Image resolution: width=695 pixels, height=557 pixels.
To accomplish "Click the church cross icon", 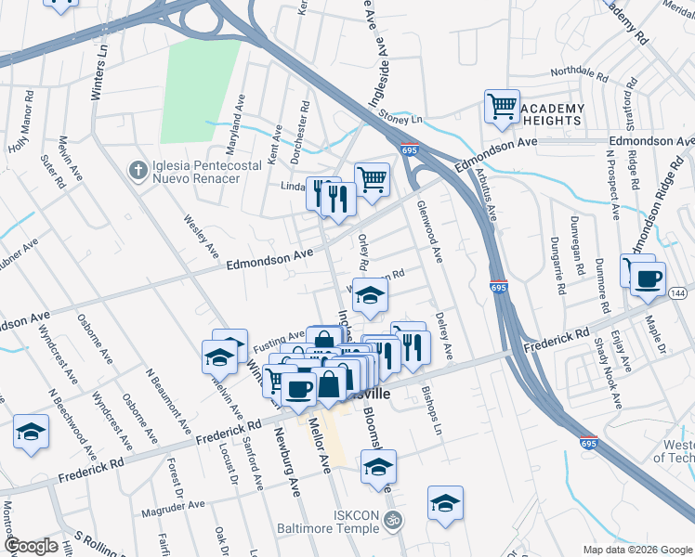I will pos(137,169).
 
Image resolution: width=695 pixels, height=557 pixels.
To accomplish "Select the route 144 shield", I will pos(677,293).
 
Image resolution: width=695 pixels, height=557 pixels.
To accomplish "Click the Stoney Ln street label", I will pos(401,119).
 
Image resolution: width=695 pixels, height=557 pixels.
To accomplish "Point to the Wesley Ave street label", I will pos(201,239).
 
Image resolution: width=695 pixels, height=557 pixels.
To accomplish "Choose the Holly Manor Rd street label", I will pos(21,121).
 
